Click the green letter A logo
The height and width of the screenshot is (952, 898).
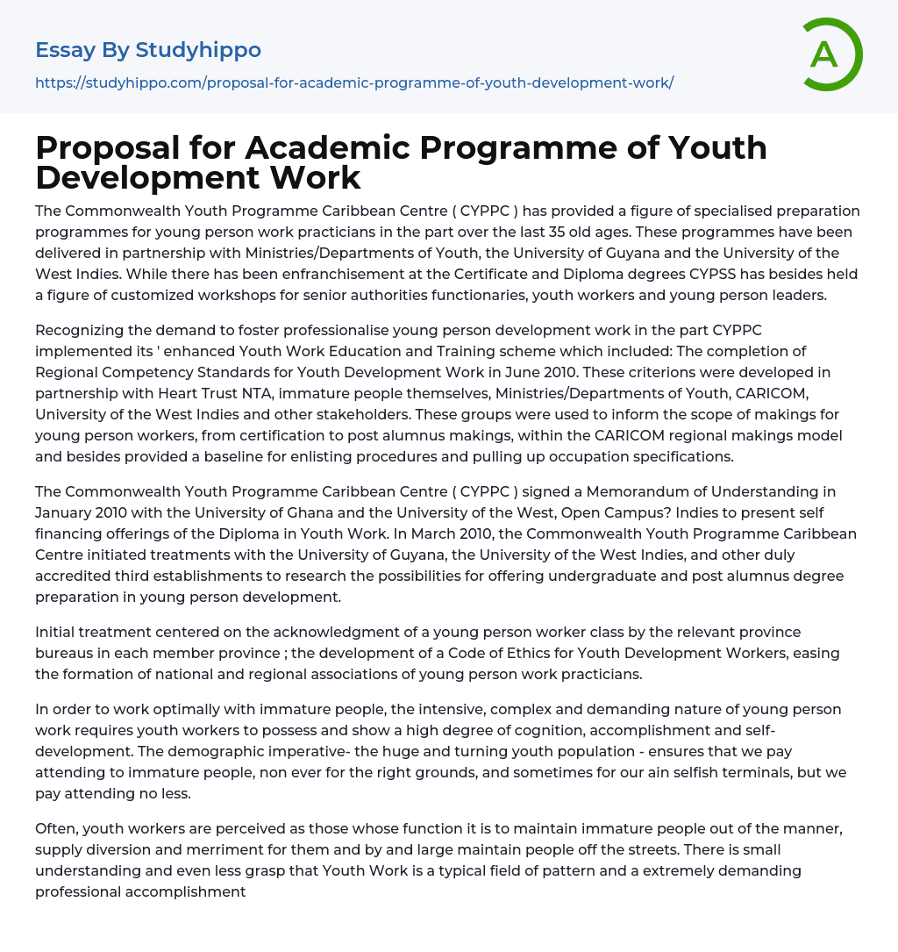click(x=831, y=54)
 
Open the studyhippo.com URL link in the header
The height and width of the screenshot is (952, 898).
click(x=354, y=82)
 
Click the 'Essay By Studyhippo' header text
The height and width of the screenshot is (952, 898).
click(x=148, y=50)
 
